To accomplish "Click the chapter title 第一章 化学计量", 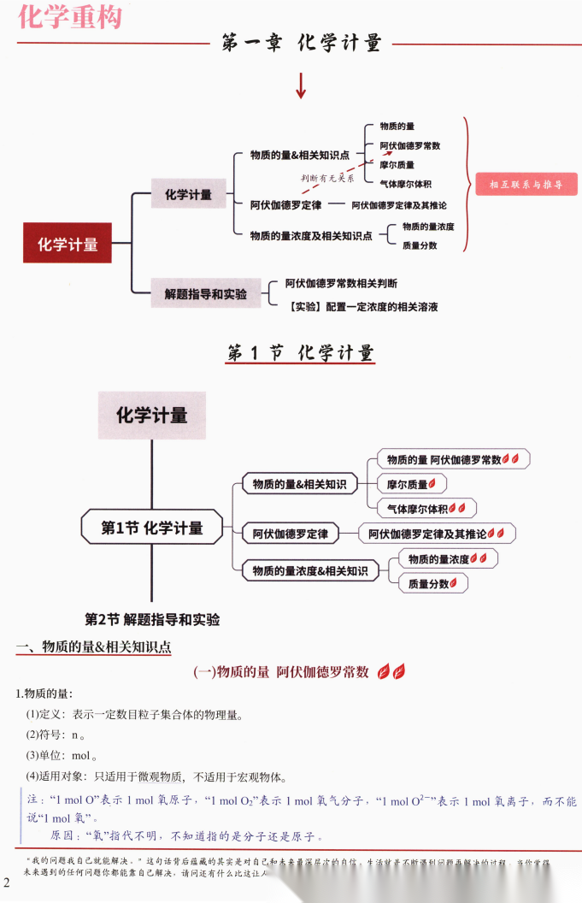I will tap(301, 44).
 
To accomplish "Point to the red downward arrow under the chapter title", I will tap(301, 86).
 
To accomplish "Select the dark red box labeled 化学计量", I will tap(68, 245).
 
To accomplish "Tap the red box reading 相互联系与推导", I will tap(526, 184).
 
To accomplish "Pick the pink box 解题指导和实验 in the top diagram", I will tap(205, 293).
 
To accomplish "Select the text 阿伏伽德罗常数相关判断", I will tap(341, 283).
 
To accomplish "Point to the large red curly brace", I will tap(467, 184).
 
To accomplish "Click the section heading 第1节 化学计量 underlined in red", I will tap(301, 353).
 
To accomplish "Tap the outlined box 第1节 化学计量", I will tap(152, 528).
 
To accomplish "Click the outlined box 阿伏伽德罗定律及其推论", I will tap(437, 534).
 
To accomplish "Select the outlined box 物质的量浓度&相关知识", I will tap(309, 570).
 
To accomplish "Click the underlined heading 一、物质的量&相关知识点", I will tap(94, 647).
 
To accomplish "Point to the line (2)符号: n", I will tap(55, 735).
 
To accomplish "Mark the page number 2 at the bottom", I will tap(7, 882).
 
